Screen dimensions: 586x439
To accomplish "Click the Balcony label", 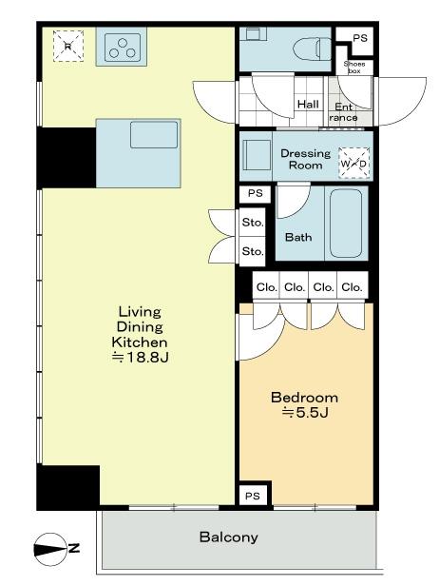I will click(x=228, y=537).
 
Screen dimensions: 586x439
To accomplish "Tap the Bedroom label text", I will click(x=304, y=397).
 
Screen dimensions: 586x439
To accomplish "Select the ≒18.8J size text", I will click(x=141, y=358).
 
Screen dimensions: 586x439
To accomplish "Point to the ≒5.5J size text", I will click(x=304, y=413).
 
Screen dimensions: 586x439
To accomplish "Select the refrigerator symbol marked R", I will click(x=67, y=44).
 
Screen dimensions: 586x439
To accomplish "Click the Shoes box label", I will click(x=354, y=67).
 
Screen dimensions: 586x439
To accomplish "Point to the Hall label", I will click(x=308, y=105).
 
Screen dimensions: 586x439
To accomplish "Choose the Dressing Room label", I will click(x=305, y=159).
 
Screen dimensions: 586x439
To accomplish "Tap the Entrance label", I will click(x=344, y=112).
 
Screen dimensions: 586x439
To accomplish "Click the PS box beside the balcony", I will click(x=252, y=497).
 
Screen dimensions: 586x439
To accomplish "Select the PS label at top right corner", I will click(x=359, y=38).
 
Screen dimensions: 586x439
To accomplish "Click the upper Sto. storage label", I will click(x=252, y=223).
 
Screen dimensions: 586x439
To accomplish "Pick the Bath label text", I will click(x=299, y=238).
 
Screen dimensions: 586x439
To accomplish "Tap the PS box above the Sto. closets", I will click(x=254, y=193).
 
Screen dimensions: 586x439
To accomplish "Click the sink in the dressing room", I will click(x=256, y=153).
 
